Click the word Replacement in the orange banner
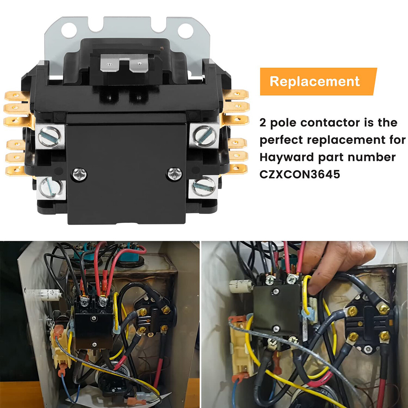click(x=315, y=81)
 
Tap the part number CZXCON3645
click(x=300, y=174)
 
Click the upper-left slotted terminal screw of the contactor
click(x=50, y=136)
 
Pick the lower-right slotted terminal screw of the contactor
click(x=203, y=185)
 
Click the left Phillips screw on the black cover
click(x=79, y=173)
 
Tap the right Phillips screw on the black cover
click(x=173, y=172)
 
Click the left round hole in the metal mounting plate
click(x=69, y=30)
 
